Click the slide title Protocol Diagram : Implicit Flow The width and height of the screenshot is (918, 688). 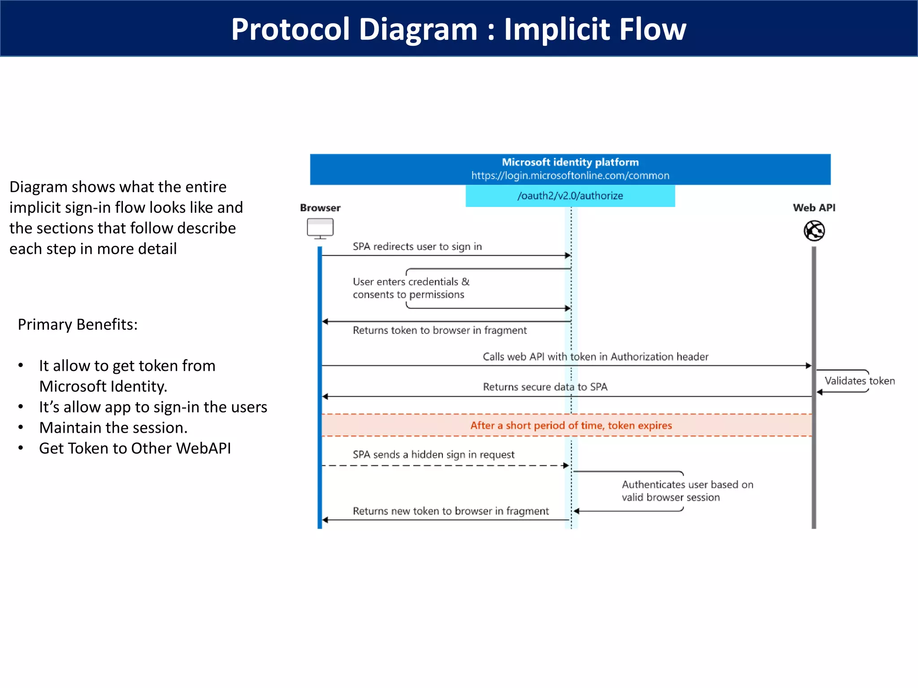click(459, 29)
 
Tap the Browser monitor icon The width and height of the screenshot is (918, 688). click(320, 228)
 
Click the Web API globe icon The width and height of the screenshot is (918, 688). click(814, 231)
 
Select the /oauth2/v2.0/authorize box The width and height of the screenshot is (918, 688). click(570, 196)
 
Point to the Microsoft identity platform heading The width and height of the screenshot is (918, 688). click(570, 162)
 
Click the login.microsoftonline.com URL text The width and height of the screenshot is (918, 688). click(570, 176)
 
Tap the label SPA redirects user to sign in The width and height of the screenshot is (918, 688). click(417, 246)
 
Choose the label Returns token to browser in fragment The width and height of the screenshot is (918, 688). click(439, 330)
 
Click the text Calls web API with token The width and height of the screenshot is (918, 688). click(595, 357)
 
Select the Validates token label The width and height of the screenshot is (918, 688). click(859, 381)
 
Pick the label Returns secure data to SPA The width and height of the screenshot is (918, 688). click(545, 387)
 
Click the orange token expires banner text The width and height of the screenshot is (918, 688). click(571, 426)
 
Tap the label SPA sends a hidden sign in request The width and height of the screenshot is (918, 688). click(433, 455)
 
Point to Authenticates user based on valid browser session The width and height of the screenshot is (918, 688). click(687, 491)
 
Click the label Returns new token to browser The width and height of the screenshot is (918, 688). click(450, 511)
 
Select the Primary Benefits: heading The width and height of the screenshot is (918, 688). click(78, 324)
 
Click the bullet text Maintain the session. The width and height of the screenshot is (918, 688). click(113, 428)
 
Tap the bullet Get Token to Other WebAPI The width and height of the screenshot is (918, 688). click(134, 448)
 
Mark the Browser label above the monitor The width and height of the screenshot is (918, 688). click(320, 208)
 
